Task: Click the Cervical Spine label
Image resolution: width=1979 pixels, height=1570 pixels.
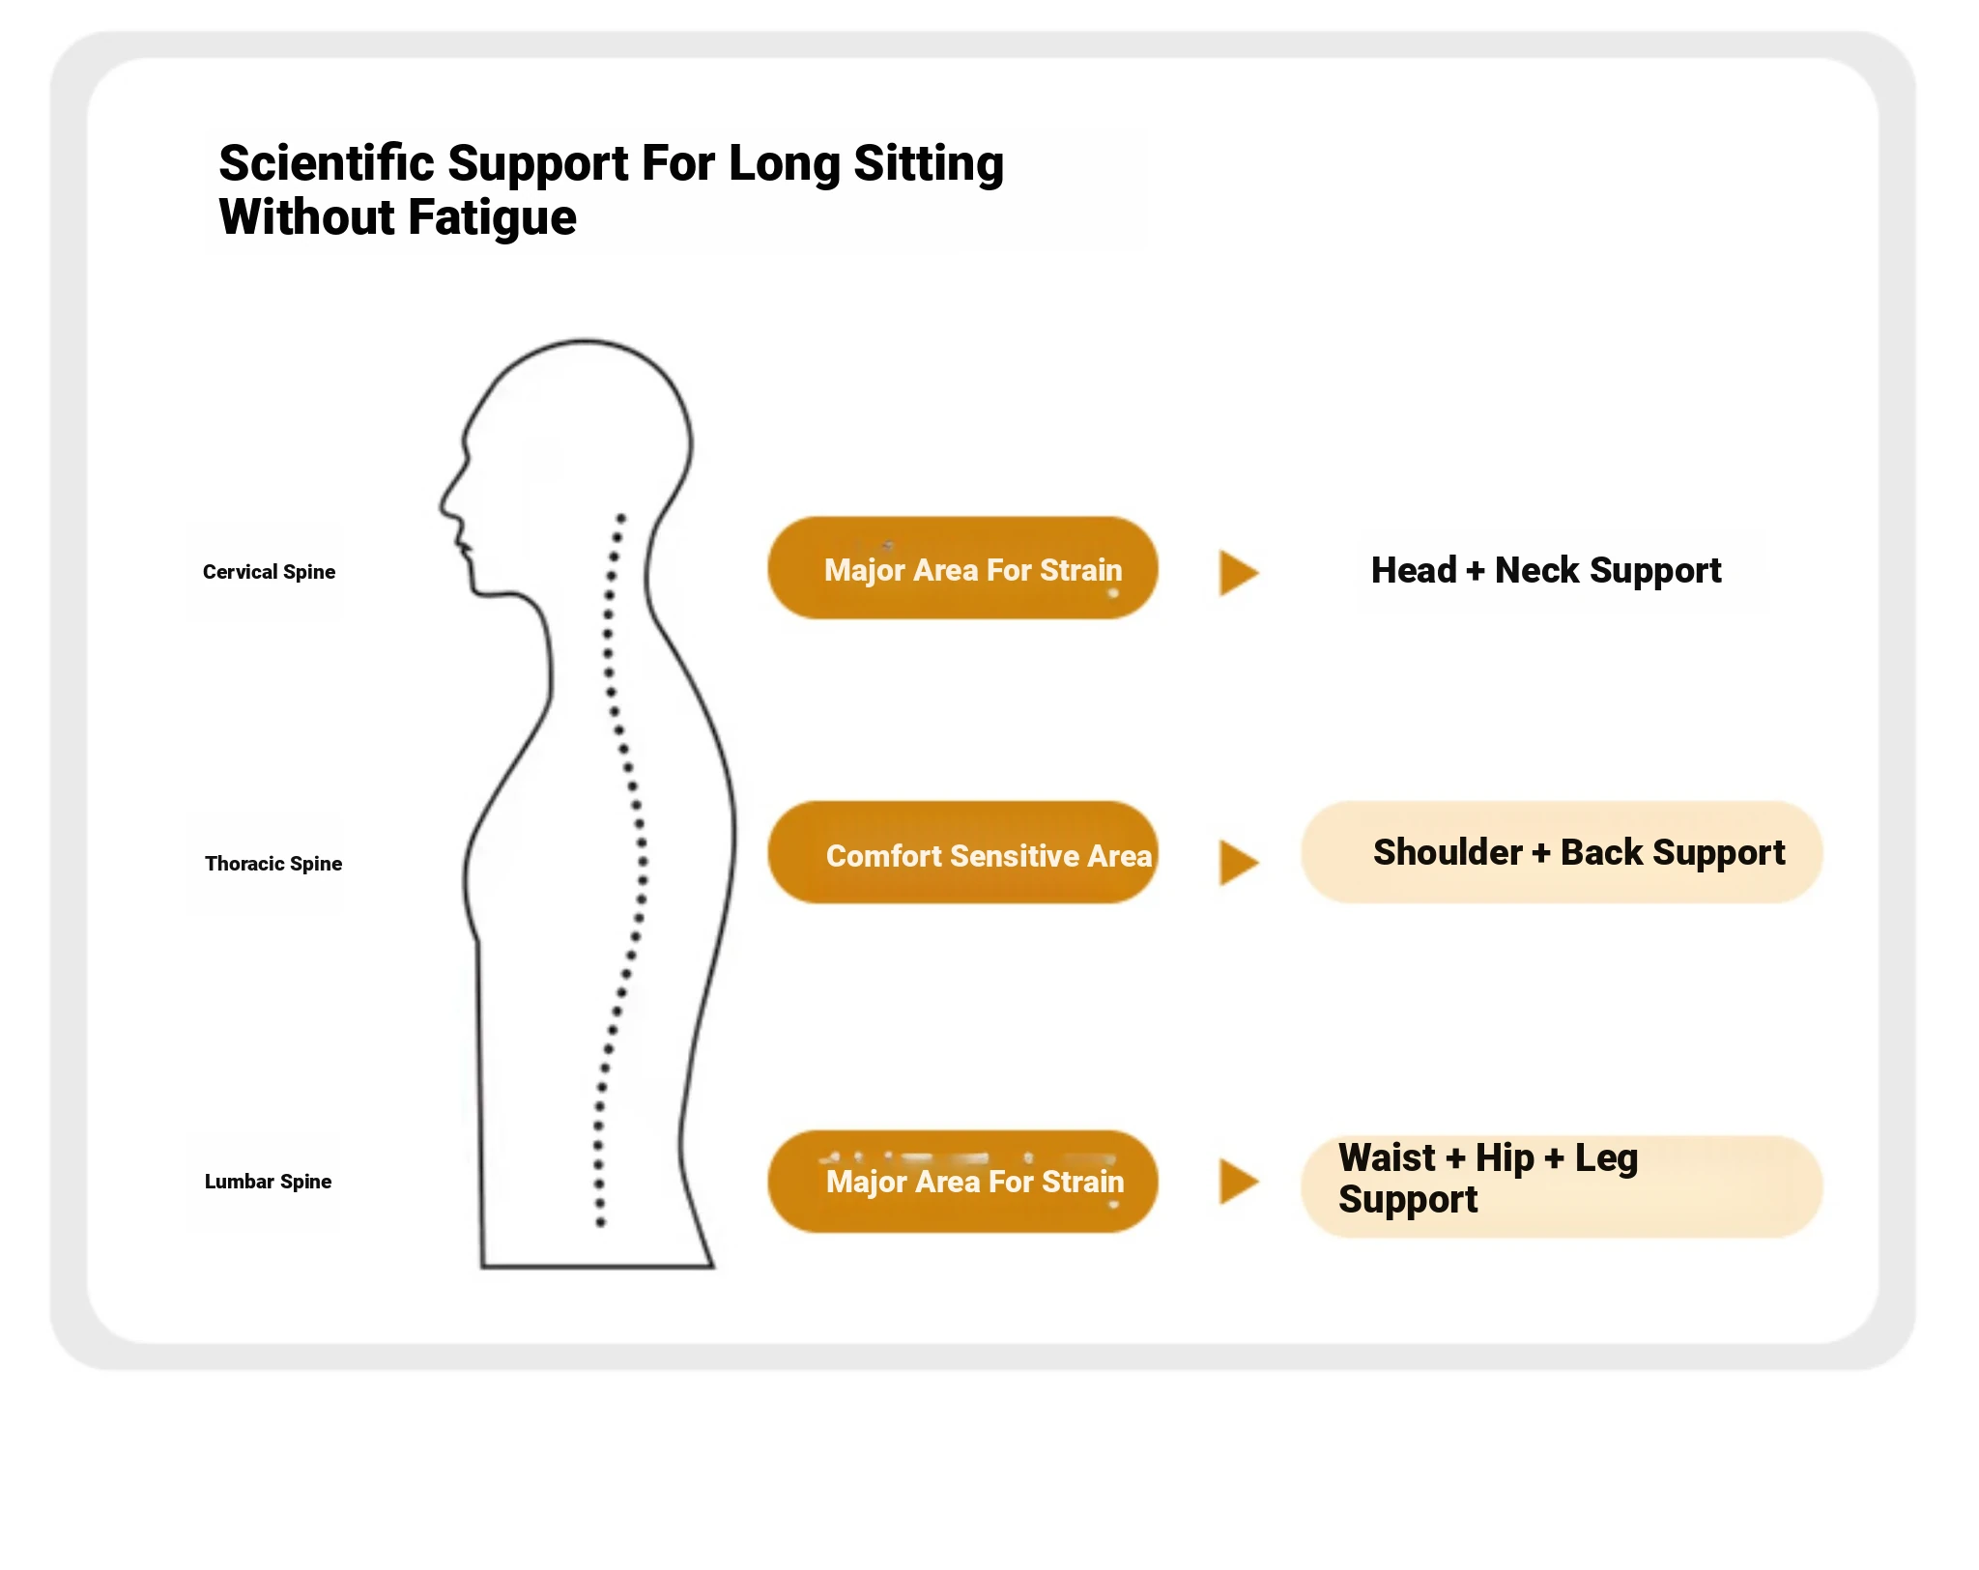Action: click(269, 572)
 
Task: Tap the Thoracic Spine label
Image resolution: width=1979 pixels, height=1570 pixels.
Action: click(273, 864)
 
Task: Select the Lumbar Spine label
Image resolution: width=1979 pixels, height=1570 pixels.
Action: click(268, 1182)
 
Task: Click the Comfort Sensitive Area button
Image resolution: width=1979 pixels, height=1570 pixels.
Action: click(963, 853)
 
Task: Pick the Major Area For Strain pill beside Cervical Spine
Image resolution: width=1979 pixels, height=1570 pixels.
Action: click(963, 568)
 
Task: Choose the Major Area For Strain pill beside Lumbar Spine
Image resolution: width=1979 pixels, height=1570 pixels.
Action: click(963, 1182)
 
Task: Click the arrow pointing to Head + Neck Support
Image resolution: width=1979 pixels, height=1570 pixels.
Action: click(1238, 573)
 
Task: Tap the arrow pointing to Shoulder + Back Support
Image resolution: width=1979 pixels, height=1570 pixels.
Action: click(1238, 862)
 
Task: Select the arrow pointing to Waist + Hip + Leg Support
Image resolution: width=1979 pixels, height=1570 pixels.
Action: click(1238, 1181)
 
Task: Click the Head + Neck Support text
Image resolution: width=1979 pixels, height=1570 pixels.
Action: click(1546, 571)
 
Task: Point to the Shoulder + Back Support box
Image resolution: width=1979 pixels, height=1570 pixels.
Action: click(1562, 852)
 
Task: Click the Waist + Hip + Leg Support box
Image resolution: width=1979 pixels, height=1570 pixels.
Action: click(1562, 1186)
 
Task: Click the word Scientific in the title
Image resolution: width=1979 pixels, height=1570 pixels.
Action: click(326, 163)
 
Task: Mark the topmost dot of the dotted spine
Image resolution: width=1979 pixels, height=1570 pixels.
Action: click(621, 518)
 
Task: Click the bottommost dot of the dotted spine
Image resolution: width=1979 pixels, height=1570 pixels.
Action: click(600, 1222)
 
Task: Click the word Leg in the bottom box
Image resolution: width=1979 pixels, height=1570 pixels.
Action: click(1606, 1157)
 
